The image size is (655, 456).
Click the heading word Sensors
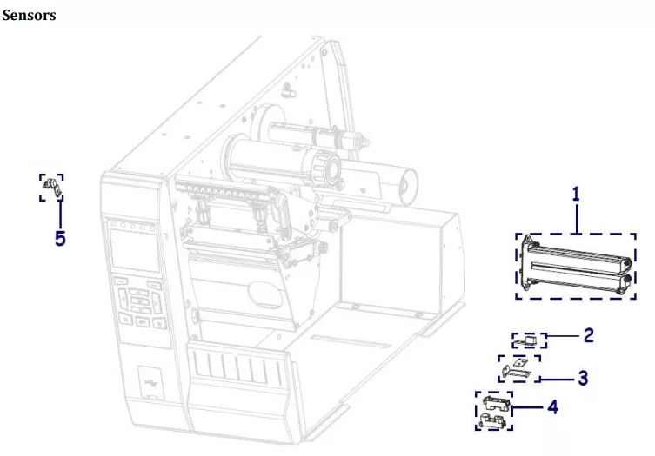tap(30, 16)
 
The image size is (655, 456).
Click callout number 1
tap(575, 195)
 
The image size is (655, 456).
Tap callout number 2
tap(589, 334)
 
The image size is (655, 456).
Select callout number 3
tap(583, 378)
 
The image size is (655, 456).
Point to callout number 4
tap(551, 406)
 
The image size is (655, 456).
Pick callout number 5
tap(60, 237)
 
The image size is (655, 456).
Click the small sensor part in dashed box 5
tap(50, 185)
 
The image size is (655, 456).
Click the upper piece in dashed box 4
tap(494, 402)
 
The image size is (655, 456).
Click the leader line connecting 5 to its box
tap(60, 214)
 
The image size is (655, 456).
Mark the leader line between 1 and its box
tap(576, 218)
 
